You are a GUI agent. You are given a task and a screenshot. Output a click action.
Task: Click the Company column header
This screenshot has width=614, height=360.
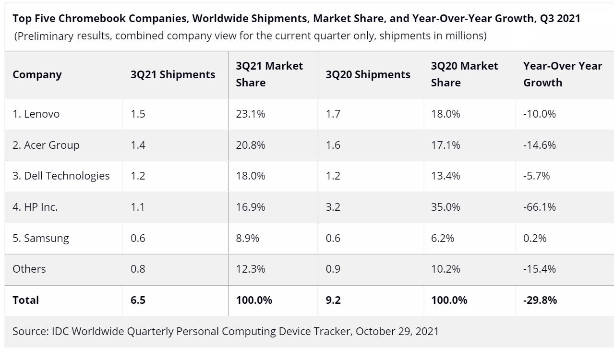tap(37, 74)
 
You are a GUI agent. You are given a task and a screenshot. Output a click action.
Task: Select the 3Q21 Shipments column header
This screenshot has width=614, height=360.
tap(173, 74)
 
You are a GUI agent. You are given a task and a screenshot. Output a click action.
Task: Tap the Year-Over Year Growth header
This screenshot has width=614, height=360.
tap(563, 74)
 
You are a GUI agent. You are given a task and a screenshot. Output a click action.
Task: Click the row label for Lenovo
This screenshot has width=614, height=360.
tap(36, 114)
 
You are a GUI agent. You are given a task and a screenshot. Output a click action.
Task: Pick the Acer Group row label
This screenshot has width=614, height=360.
tap(46, 145)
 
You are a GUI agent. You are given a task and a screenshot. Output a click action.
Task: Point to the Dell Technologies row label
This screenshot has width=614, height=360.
tap(61, 176)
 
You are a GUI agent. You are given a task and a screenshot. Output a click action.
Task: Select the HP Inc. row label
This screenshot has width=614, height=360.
tap(35, 207)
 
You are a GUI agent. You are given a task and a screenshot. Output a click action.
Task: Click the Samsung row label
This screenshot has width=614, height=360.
tap(41, 238)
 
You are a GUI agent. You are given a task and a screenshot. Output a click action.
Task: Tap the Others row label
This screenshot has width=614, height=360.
tap(29, 269)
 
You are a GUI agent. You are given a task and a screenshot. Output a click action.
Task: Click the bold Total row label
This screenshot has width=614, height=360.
tap(26, 300)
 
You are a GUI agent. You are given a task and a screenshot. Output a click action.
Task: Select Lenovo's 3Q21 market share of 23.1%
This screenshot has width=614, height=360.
tap(251, 114)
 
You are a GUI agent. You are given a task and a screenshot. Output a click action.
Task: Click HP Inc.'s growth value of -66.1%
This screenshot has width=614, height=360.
tap(540, 207)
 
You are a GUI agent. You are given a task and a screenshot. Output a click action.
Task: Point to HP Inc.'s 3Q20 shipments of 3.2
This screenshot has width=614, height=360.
tap(333, 207)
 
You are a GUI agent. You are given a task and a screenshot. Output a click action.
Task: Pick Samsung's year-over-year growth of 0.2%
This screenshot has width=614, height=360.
tap(535, 238)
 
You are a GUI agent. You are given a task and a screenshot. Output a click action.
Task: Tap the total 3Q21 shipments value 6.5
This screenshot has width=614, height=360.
tap(138, 300)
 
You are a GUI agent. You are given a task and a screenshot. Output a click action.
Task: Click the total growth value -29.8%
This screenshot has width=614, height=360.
tap(540, 300)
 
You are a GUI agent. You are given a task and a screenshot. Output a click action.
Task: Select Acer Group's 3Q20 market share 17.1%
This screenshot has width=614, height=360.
tap(445, 145)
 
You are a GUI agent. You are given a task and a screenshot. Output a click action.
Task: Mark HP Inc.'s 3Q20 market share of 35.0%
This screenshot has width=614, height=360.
tap(445, 207)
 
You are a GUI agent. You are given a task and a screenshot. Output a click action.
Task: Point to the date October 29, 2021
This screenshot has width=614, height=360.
tap(397, 331)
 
